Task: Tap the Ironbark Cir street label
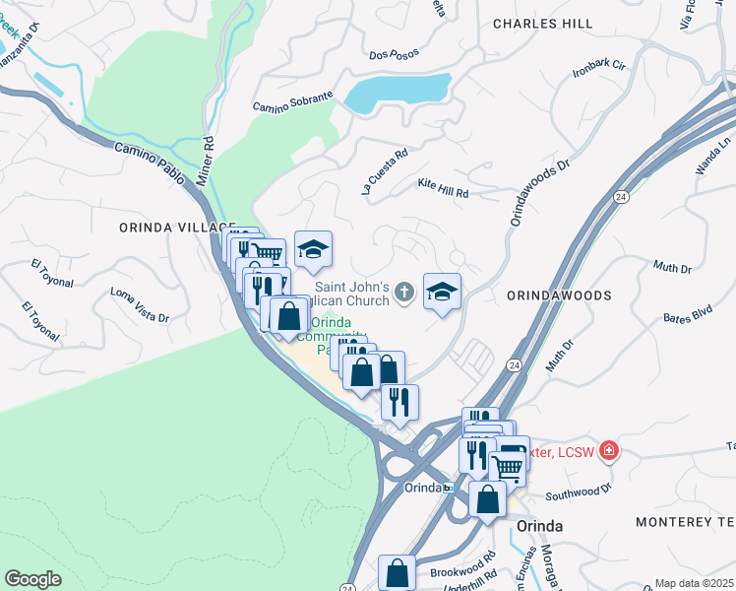click(598, 70)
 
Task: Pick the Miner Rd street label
click(209, 156)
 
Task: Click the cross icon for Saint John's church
click(403, 292)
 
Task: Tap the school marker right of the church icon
click(443, 292)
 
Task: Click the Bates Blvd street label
click(687, 316)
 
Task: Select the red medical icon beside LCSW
click(610, 450)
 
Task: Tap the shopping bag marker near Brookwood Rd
click(397, 572)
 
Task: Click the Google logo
click(32, 579)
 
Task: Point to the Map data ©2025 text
click(694, 583)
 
